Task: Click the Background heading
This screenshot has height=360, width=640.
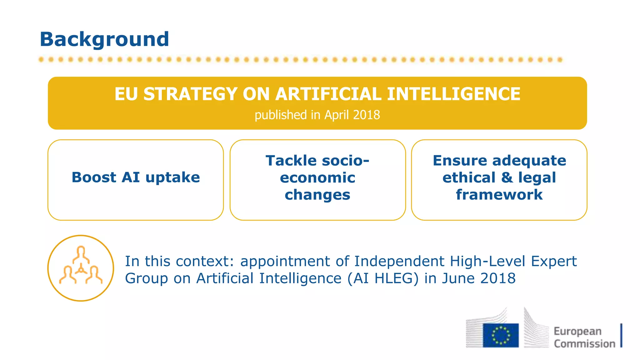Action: tap(104, 39)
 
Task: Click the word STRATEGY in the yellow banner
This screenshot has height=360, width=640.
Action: tap(190, 94)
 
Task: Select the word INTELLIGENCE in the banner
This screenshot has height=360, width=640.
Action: tap(453, 94)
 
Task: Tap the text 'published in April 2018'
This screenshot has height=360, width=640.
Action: tap(317, 115)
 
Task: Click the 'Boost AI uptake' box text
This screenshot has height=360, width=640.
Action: tap(136, 177)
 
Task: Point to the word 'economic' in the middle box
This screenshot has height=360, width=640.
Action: tap(317, 177)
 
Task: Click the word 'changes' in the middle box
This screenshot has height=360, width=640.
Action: tap(317, 195)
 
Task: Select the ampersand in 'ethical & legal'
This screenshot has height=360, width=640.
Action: tap(507, 177)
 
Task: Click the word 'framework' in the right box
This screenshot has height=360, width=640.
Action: tap(499, 195)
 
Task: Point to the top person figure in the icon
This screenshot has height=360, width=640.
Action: tap(81, 254)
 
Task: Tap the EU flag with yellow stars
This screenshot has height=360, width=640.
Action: tap(501, 335)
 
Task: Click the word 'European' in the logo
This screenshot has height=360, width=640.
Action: tap(577, 331)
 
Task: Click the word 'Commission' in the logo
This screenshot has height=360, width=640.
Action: tap(584, 344)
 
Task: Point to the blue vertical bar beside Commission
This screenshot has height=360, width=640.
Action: tap(621, 335)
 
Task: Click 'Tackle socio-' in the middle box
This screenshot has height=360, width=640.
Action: tap(317, 161)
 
